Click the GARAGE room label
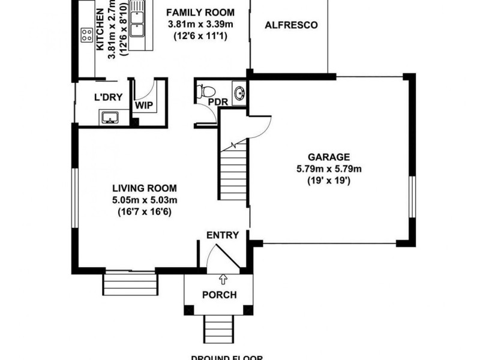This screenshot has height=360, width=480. click(328, 157)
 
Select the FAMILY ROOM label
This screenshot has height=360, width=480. click(200, 13)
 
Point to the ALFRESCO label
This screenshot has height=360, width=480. click(291, 26)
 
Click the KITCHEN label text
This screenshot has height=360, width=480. click(100, 34)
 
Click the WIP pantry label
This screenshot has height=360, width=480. click(144, 105)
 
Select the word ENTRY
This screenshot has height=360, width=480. click(223, 235)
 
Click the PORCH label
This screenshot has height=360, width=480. click(219, 295)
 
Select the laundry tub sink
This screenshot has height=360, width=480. click(110, 117)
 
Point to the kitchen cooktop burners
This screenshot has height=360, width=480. click(84, 35)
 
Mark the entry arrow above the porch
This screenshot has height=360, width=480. click(223, 278)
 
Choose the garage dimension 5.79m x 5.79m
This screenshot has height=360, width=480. click(328, 169)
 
